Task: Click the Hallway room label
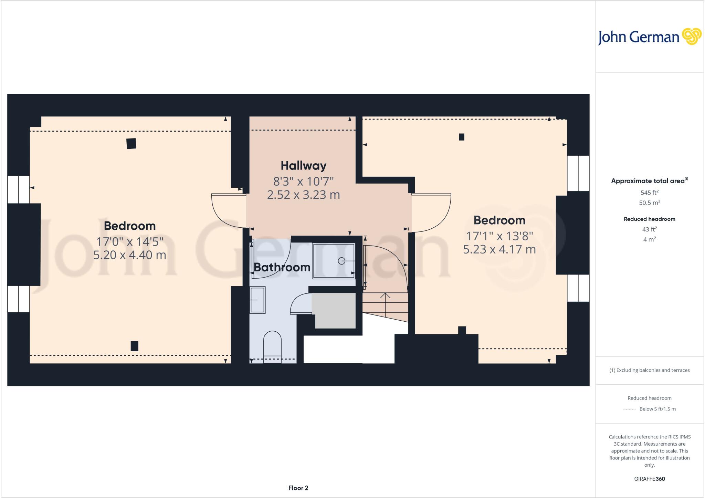pos(303,166)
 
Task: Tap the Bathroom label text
pos(282,267)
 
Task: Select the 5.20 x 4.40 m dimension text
pos(130,255)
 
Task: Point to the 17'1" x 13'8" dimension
pos(499,236)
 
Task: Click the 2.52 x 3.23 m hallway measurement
pos(303,195)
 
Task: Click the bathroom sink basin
pos(257,300)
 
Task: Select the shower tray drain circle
pos(341,261)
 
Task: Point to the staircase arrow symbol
pos(385,295)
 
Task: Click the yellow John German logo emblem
pos(692,37)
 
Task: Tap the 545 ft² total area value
pos(649,193)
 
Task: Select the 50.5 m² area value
pos(649,203)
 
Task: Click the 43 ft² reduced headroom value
pos(649,229)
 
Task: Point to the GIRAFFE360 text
pos(649,479)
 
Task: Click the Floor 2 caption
pos(298,488)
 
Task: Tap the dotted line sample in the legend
pos(629,409)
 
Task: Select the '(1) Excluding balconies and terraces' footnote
pos(649,370)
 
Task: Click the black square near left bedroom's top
pos(131,143)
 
